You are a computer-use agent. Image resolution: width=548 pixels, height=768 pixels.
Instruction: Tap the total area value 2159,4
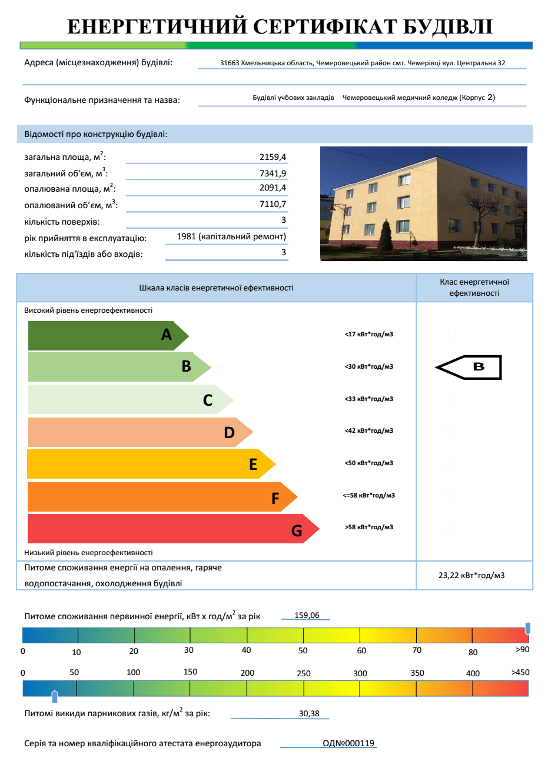click(273, 157)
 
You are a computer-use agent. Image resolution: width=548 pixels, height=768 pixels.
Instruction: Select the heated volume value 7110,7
click(273, 204)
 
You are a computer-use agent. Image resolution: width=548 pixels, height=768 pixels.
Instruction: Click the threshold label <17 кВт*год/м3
click(369, 335)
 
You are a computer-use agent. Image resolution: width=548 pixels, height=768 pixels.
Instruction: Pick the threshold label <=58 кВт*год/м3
click(369, 495)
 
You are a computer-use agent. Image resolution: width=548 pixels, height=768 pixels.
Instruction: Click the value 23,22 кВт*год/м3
click(471, 575)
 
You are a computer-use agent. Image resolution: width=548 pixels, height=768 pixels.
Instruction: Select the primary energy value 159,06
click(307, 615)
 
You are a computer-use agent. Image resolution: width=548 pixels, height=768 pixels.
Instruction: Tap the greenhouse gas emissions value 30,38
click(309, 713)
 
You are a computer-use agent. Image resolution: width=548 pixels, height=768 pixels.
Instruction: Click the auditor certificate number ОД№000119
click(348, 743)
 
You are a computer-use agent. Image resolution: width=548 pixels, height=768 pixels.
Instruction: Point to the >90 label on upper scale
click(522, 649)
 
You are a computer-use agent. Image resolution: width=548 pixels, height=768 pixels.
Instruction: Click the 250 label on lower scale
click(304, 673)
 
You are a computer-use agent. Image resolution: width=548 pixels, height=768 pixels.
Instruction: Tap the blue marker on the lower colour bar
click(55, 697)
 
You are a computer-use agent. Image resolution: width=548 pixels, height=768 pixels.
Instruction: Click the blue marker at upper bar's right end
click(527, 628)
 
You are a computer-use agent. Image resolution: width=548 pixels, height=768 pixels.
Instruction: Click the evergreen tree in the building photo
click(386, 235)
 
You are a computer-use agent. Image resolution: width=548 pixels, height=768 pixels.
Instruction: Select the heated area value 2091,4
click(273, 188)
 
